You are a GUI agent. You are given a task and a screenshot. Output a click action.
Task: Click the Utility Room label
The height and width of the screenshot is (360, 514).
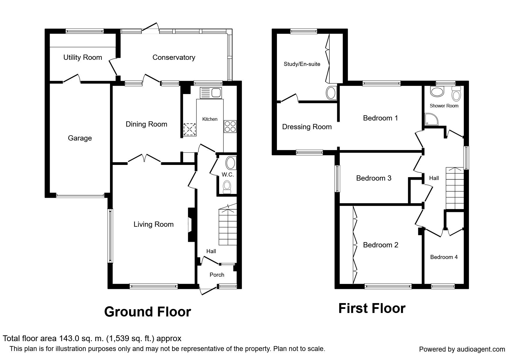click(x=83, y=57)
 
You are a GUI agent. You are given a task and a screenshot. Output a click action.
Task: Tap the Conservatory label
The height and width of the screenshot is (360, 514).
click(x=174, y=57)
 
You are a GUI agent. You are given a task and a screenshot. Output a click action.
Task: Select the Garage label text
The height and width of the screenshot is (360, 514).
click(x=80, y=138)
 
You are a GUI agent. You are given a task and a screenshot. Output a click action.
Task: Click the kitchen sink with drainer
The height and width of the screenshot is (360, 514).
click(x=211, y=93)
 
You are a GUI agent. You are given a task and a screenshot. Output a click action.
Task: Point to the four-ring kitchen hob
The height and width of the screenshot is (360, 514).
click(x=230, y=127)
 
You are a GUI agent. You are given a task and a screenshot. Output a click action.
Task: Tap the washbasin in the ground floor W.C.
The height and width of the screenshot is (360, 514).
click(x=231, y=163)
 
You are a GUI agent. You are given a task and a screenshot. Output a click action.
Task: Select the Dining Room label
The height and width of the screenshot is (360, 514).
click(x=146, y=124)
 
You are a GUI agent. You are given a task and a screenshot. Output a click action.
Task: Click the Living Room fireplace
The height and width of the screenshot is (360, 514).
click(x=191, y=224)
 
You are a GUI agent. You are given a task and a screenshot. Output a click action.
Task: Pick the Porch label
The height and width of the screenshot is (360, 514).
click(x=217, y=275)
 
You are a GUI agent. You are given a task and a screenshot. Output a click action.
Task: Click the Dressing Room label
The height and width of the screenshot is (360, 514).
click(x=307, y=127)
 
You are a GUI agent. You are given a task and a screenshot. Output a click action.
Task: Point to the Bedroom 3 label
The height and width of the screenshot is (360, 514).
click(x=374, y=178)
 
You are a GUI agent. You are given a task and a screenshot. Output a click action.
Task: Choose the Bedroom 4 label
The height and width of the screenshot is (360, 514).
click(x=444, y=257)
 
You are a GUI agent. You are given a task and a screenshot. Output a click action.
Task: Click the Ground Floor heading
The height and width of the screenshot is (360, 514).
click(x=147, y=312)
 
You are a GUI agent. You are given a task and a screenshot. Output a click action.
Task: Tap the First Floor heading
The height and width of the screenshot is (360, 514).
click(x=372, y=308)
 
